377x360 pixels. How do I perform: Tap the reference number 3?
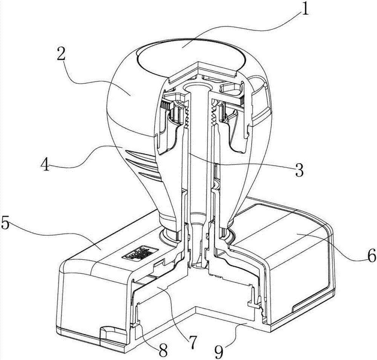299,171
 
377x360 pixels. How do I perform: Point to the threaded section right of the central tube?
216,115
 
